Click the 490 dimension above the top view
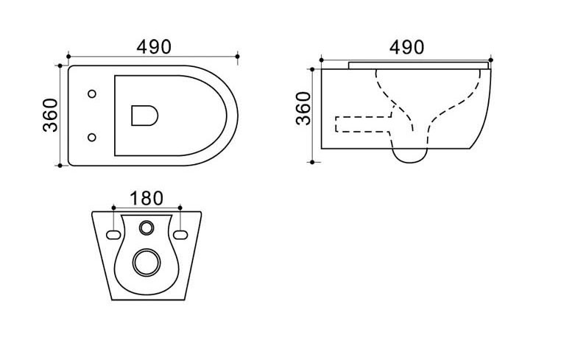(x=154, y=47)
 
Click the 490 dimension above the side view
(x=407, y=47)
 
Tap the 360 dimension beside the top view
(x=50, y=116)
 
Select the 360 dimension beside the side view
(x=303, y=108)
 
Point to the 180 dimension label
(x=147, y=198)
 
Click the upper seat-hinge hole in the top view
(x=92, y=93)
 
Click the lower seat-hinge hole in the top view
(x=92, y=137)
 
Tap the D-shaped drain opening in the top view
(x=144, y=116)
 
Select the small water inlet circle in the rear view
(x=147, y=227)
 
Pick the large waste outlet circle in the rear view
(x=147, y=262)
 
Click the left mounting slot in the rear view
(x=113, y=235)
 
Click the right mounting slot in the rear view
(x=180, y=235)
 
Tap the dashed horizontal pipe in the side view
(x=363, y=124)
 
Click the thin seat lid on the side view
(x=418, y=65)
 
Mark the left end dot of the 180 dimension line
(x=113, y=208)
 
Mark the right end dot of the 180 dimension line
(x=180, y=208)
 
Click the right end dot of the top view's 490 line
(x=238, y=57)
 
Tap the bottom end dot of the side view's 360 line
(x=312, y=162)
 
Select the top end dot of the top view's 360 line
(x=60, y=66)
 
